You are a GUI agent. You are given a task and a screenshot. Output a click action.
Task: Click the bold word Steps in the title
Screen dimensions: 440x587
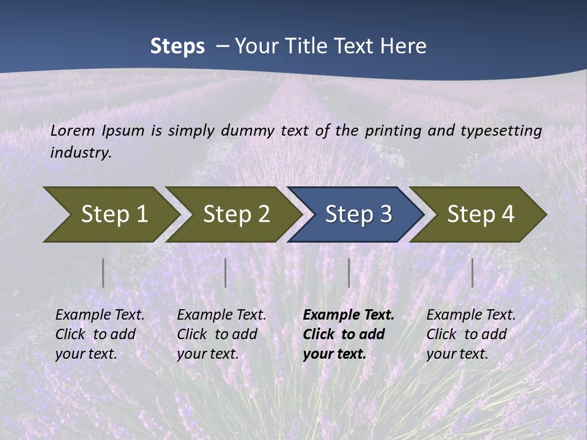click(x=177, y=46)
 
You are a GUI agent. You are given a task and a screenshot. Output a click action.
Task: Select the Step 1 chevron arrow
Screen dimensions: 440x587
click(x=110, y=214)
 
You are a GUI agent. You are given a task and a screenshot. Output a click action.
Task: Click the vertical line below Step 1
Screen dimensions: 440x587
click(x=103, y=273)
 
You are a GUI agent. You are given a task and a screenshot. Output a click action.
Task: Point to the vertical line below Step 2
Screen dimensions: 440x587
click(x=225, y=273)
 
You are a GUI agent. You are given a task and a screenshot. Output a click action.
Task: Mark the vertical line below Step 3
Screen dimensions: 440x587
click(x=349, y=273)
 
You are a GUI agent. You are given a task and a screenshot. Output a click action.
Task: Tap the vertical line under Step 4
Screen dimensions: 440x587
click(x=472, y=273)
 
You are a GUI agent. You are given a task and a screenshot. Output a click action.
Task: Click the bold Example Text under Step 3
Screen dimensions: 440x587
click(x=349, y=315)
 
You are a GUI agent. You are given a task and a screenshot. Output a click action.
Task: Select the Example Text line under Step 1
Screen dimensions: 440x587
click(x=100, y=315)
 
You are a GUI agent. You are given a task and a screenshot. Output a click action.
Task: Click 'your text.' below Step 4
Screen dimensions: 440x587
click(x=457, y=354)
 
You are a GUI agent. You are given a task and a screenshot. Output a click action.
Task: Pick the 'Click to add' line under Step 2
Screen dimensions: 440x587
click(x=217, y=334)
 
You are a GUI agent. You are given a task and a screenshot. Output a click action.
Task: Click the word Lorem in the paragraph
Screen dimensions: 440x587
click(x=73, y=130)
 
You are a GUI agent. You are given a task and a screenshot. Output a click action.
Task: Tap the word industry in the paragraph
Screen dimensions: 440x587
click(x=80, y=153)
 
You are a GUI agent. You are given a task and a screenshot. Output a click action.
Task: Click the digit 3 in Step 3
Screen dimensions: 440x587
click(x=385, y=214)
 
